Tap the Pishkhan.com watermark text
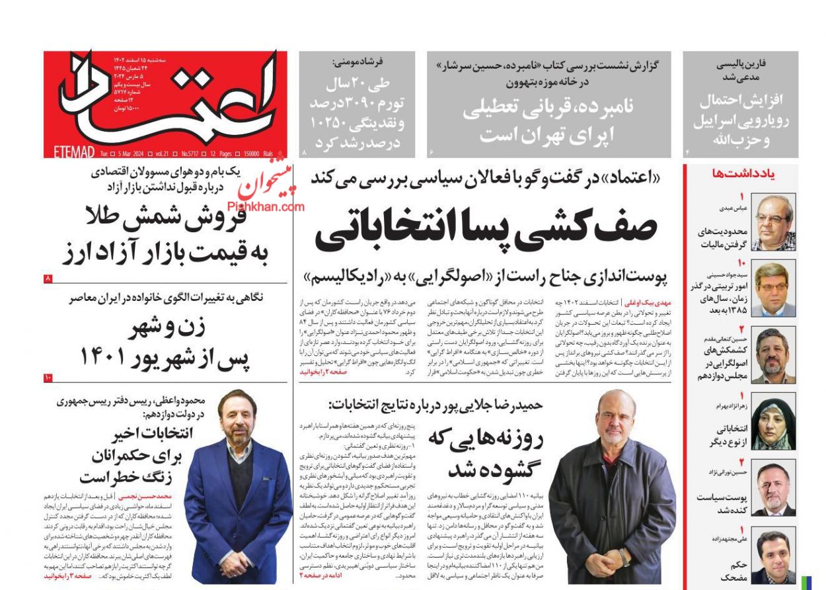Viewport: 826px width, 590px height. tap(267, 207)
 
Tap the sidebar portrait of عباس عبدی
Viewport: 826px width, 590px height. tap(774, 222)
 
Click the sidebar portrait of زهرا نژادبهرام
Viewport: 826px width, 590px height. tap(774, 423)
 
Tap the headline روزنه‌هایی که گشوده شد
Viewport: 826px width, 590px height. tap(486, 452)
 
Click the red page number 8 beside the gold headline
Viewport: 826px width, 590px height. tap(48, 278)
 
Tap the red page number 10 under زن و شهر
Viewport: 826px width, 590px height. tap(48, 377)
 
